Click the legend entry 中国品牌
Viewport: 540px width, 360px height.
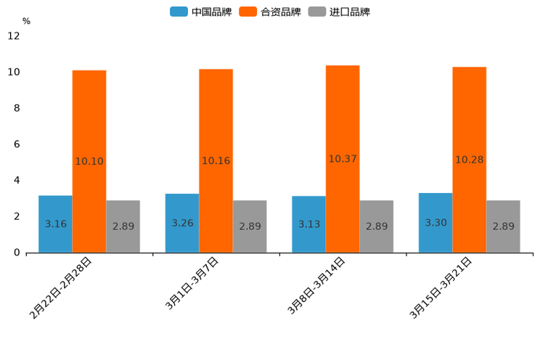point(200,12)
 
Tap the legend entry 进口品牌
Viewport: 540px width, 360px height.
point(339,12)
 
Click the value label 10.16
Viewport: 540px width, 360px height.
point(216,161)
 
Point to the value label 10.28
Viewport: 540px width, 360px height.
point(470,160)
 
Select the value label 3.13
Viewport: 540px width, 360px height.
point(309,224)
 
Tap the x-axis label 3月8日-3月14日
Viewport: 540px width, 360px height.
point(316,287)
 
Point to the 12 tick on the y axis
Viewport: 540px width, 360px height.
point(14,36)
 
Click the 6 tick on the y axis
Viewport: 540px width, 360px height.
point(17,144)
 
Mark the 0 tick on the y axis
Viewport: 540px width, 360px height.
point(17,253)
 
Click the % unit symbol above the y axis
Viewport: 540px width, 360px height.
point(26,22)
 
